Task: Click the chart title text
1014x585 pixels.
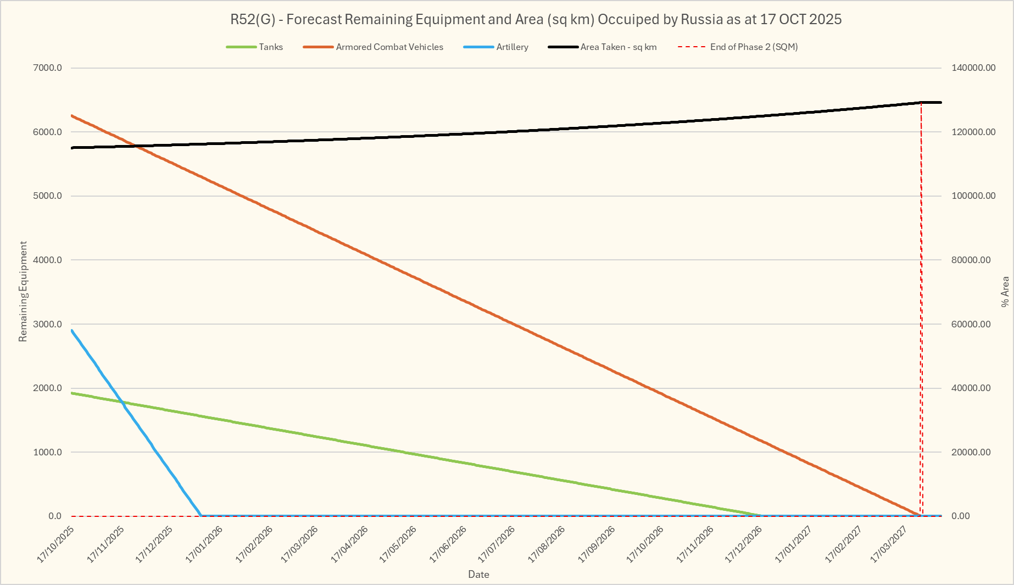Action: [x=536, y=20]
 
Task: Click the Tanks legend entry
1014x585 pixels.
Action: [x=270, y=47]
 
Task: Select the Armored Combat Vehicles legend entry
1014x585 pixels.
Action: [x=389, y=47]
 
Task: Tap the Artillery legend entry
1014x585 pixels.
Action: [x=512, y=47]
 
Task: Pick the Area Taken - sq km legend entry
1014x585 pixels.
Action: [x=618, y=47]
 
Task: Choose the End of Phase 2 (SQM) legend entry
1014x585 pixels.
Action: [x=753, y=47]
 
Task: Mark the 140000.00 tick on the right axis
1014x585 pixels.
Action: [x=973, y=68]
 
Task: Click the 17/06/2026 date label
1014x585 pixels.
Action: [x=448, y=544]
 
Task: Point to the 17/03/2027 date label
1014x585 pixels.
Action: [x=889, y=544]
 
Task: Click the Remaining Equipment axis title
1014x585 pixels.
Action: [x=23, y=291]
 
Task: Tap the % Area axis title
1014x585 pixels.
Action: [x=1005, y=291]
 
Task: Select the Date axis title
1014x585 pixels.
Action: [x=478, y=575]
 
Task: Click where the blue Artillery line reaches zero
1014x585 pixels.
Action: [x=201, y=515]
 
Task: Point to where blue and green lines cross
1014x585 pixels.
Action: [x=124, y=403]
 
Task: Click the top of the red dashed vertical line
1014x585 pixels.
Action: [x=921, y=103]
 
